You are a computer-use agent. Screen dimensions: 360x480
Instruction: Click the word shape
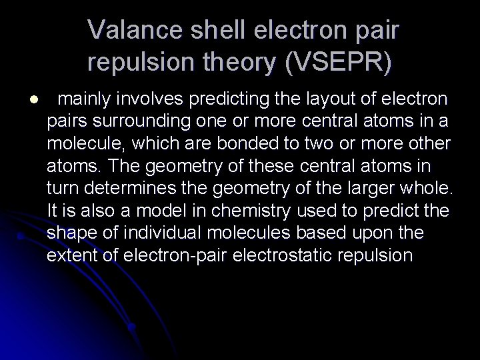[69, 232]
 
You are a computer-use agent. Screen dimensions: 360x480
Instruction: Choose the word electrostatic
[306, 254]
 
